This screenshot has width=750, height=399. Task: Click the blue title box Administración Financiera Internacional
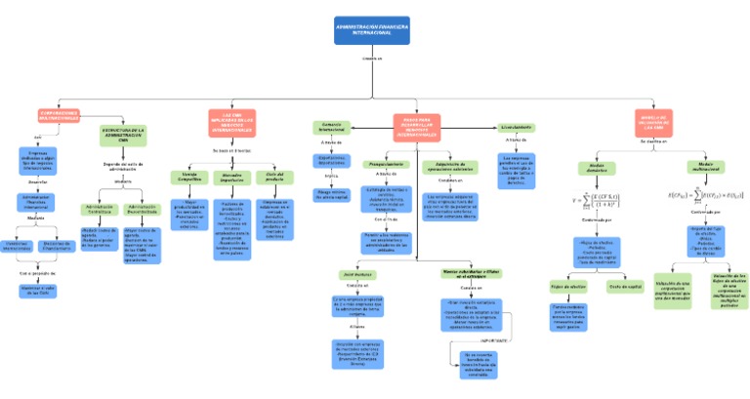pyautogui.click(x=372, y=29)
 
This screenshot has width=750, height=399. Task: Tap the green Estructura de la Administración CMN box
pyautogui.click(x=123, y=135)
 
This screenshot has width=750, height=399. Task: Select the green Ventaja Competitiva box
pyautogui.click(x=188, y=177)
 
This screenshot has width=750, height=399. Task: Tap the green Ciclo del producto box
pyautogui.click(x=274, y=177)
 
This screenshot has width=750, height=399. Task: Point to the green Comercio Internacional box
pyautogui.click(x=331, y=128)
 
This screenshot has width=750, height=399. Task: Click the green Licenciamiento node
pyautogui.click(x=516, y=128)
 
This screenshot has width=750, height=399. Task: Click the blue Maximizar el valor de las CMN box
pyautogui.click(x=39, y=290)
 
